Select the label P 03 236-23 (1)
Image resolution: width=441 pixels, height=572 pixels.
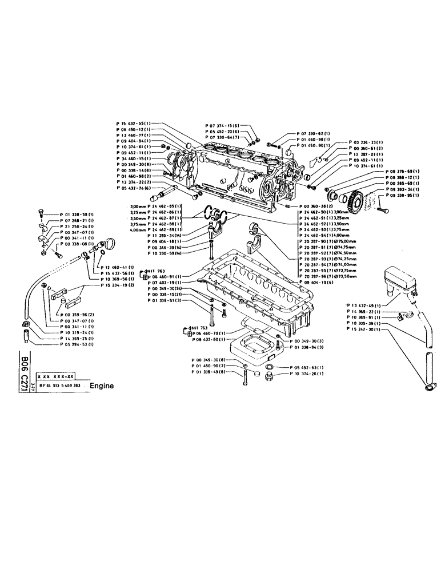click(x=366, y=141)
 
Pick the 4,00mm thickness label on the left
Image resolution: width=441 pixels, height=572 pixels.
click(x=156, y=229)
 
